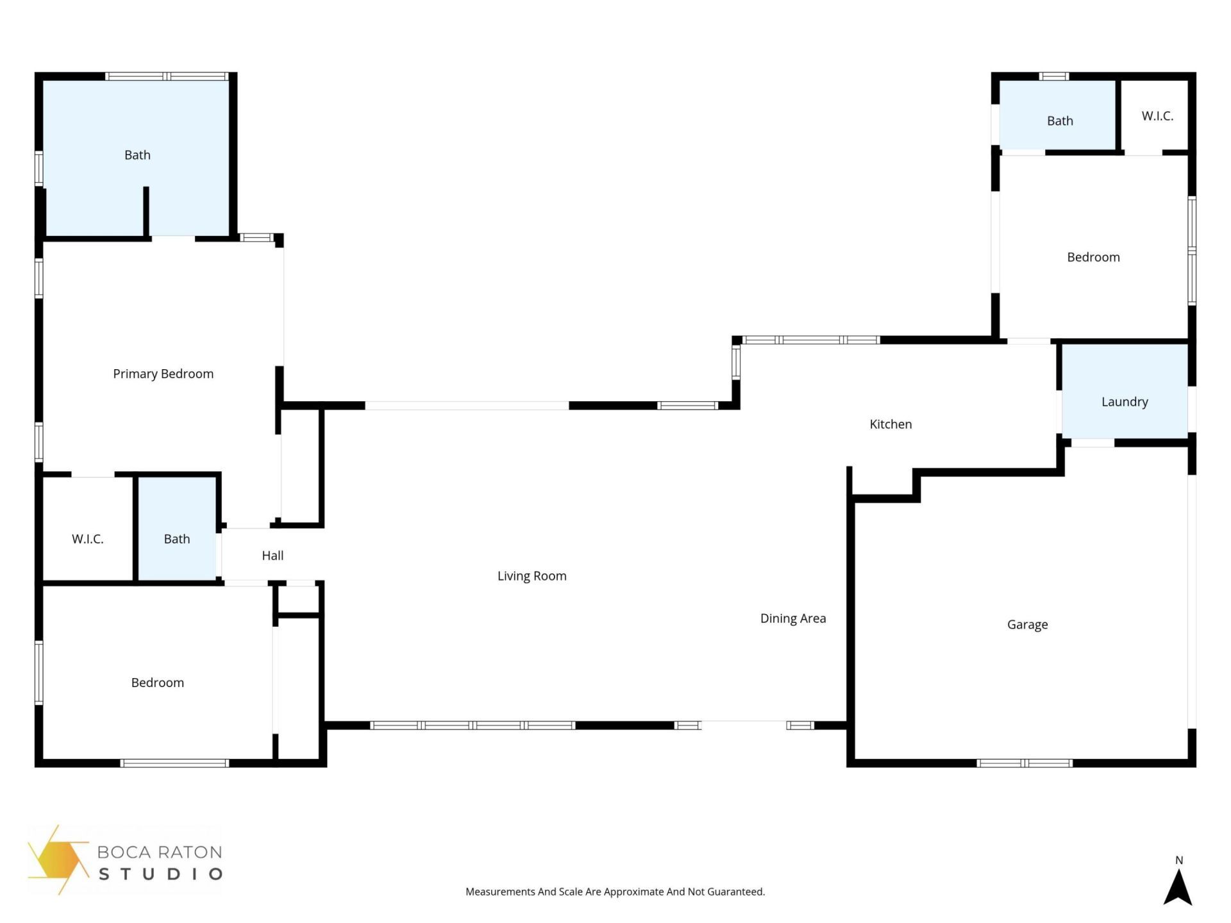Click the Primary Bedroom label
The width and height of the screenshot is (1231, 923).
pos(163,374)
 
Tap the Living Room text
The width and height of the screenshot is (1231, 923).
pos(532,576)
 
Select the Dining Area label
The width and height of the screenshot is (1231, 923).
pos(792,619)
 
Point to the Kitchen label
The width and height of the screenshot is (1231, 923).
pos(890,424)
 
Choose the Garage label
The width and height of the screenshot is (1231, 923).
pos(1027,624)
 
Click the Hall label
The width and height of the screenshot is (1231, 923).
pos(272,556)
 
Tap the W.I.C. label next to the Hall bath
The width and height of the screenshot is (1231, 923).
pos(87,539)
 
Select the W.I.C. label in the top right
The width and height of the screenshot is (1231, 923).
pos(1157,116)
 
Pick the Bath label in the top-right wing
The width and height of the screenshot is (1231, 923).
pos(1059,121)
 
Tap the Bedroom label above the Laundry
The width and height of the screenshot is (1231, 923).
pos(1093,257)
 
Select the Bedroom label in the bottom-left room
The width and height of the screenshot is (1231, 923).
pos(157,683)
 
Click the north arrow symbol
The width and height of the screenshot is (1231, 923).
pos(1178,889)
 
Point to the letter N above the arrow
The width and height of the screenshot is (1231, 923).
pos(1178,860)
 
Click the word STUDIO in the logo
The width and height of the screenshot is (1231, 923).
pos(160,874)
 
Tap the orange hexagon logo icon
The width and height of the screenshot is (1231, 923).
pos(58,860)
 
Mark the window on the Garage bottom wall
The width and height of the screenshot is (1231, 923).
pos(1024,763)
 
